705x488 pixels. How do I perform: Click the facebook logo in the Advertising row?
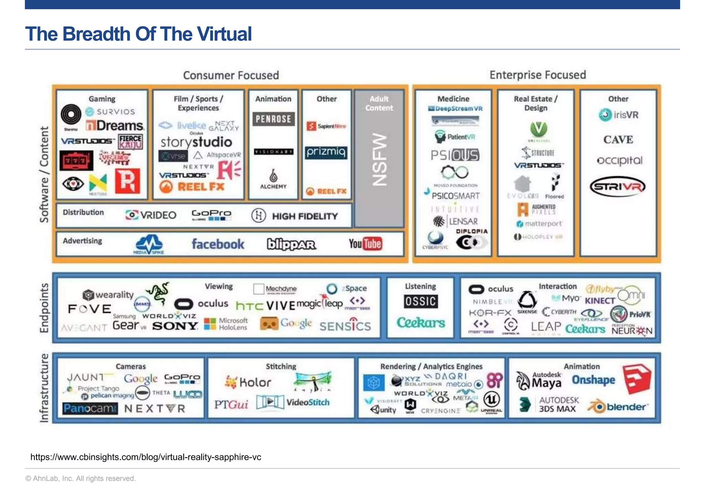pyautogui.click(x=218, y=244)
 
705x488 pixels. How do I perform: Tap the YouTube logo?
pyautogui.click(x=365, y=244)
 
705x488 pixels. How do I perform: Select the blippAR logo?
pyautogui.click(x=291, y=244)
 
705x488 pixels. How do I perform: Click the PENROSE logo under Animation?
pyautogui.click(x=273, y=119)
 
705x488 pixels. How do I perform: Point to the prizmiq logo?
pyautogui.click(x=326, y=152)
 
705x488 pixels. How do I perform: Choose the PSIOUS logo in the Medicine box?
pyautogui.click(x=454, y=155)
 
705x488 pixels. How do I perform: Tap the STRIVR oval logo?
pyautogui.click(x=618, y=187)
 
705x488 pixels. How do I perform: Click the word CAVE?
pyautogui.click(x=618, y=139)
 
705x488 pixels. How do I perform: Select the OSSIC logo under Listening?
pyautogui.click(x=420, y=301)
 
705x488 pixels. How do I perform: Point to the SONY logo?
pyautogui.click(x=175, y=326)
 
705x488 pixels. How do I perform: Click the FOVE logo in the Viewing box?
pyautogui.click(x=90, y=309)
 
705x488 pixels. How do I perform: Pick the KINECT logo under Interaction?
pyautogui.click(x=600, y=301)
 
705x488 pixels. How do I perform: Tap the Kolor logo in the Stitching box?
pyautogui.click(x=248, y=382)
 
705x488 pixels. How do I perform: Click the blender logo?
pyautogui.click(x=619, y=407)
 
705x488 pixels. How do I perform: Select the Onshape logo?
pyautogui.click(x=593, y=380)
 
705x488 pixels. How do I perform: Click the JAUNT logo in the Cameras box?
pyautogui.click(x=88, y=378)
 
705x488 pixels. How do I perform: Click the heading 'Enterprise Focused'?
pyautogui.click(x=538, y=75)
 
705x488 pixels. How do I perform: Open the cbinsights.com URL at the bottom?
pyautogui.click(x=146, y=457)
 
